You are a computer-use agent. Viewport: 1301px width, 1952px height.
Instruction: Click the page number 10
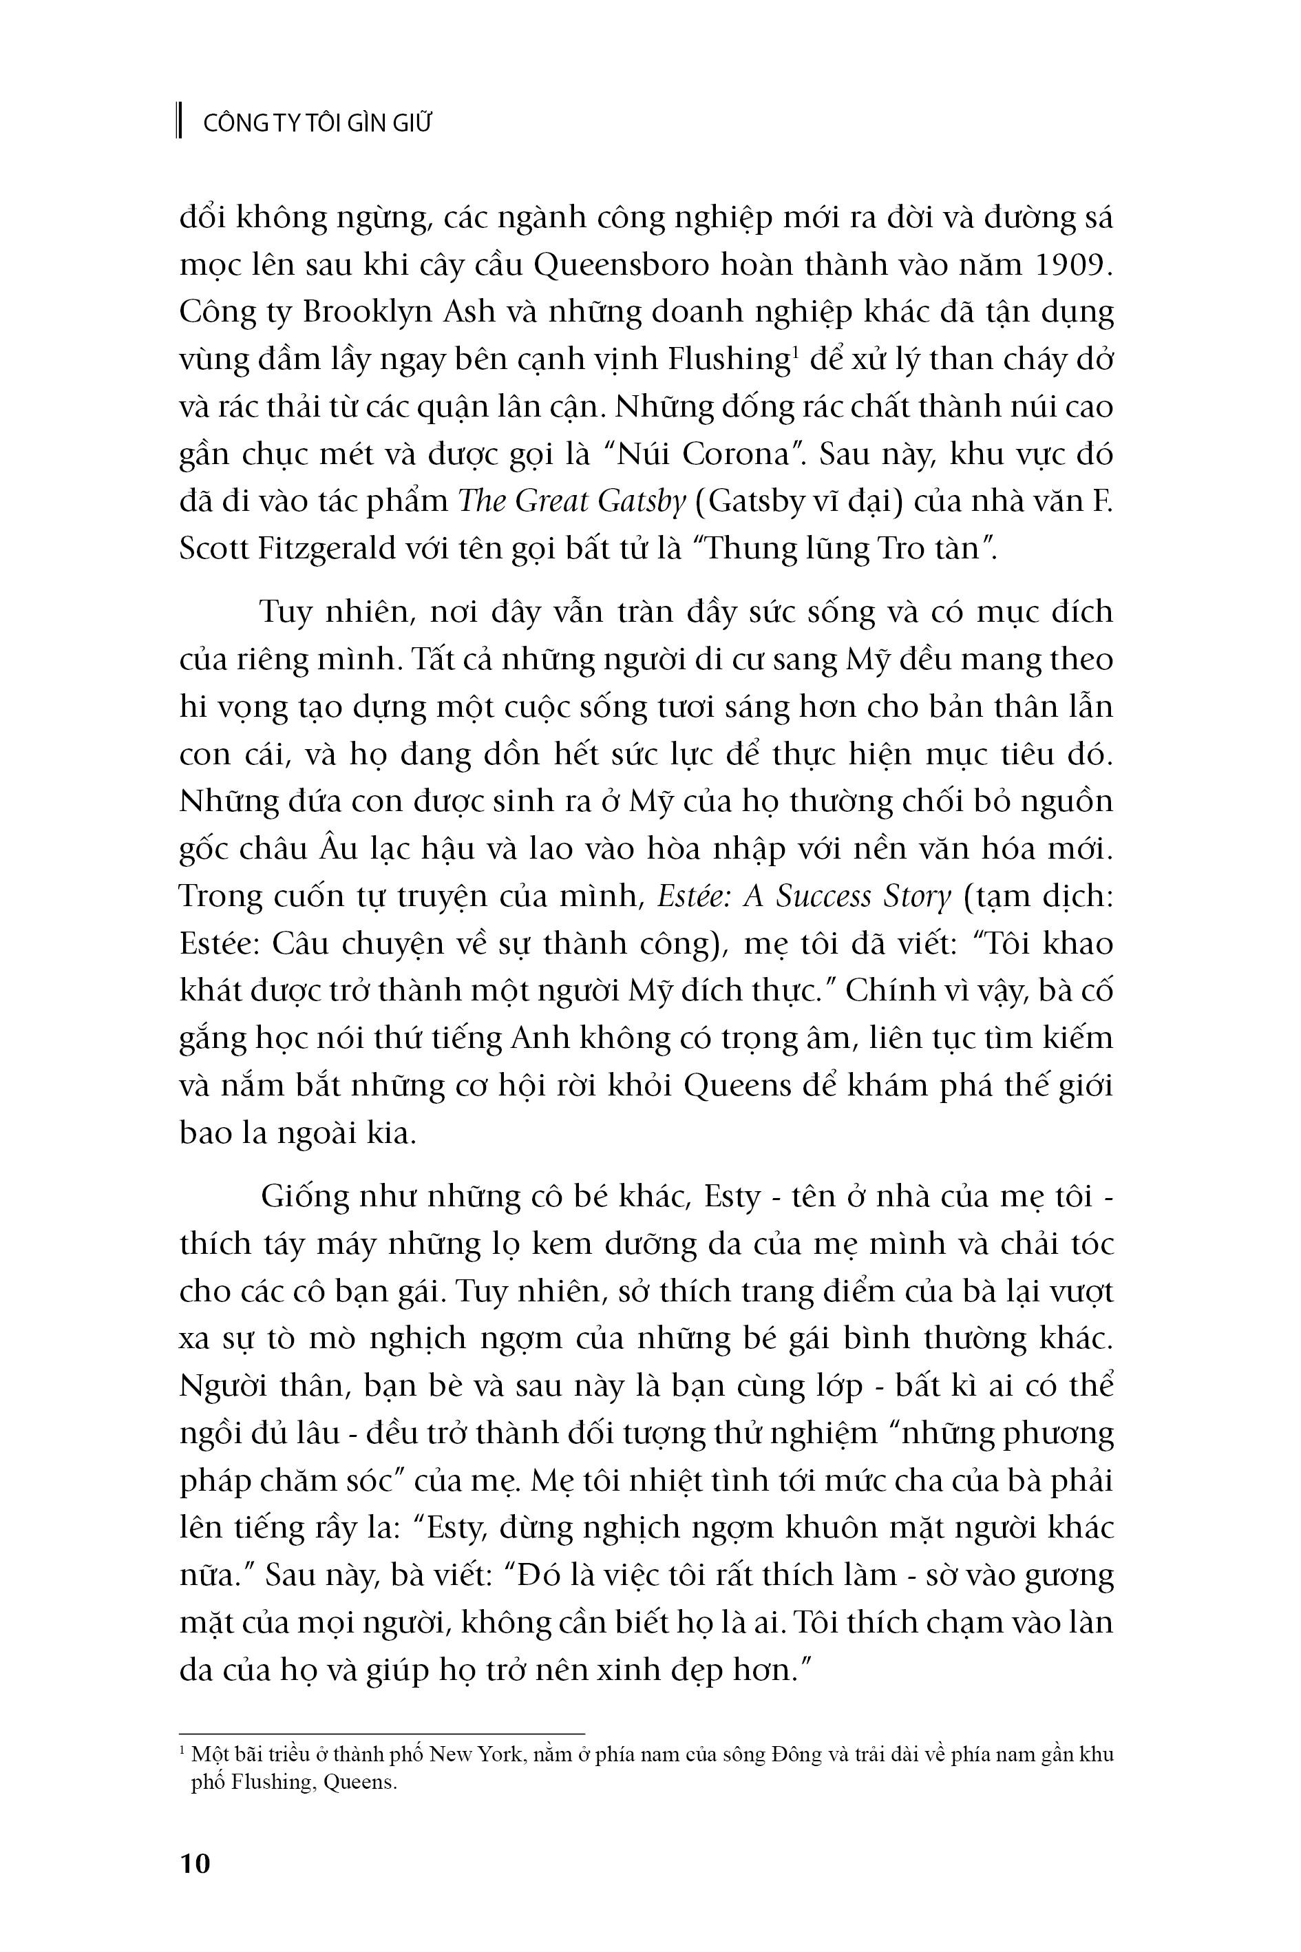coord(195,1863)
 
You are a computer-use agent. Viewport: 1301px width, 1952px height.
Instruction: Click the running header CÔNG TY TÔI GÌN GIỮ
coord(318,124)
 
